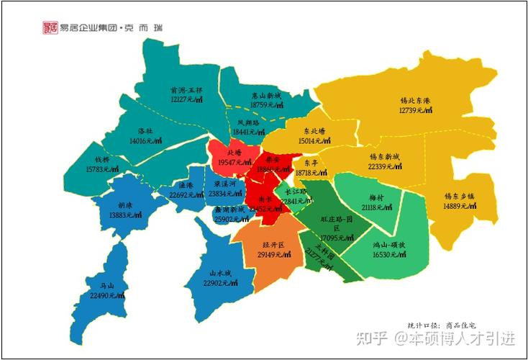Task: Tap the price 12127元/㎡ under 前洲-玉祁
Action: coord(186,100)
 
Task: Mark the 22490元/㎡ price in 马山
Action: coord(106,296)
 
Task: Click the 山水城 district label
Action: coord(220,274)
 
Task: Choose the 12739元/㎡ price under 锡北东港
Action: coord(415,110)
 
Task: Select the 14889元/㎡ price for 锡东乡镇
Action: coord(462,206)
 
